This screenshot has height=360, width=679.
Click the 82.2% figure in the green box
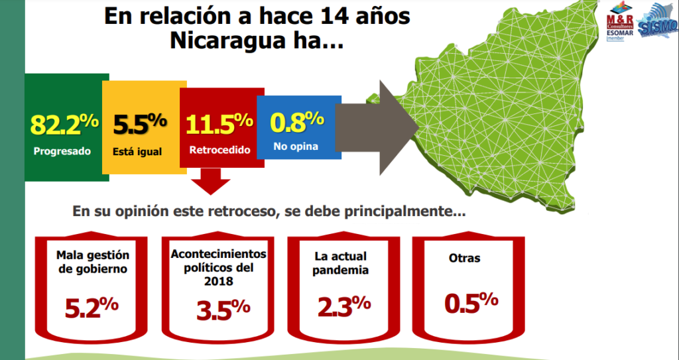pos(64,124)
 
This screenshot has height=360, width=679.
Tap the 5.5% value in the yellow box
pos(139,124)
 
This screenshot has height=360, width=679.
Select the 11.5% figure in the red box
pos(219,124)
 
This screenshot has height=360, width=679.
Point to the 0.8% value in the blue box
pos(297,121)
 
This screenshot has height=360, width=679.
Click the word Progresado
pos(62,150)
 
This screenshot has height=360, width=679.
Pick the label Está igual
pos(137,151)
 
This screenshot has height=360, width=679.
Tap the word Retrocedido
pos(219,150)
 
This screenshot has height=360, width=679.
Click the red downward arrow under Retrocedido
pos(211,180)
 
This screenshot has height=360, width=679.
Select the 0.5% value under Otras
pos(471,302)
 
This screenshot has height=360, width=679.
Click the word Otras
pos(464,259)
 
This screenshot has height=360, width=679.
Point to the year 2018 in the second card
pos(218,282)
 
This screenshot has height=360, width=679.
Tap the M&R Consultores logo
pos(620,27)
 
